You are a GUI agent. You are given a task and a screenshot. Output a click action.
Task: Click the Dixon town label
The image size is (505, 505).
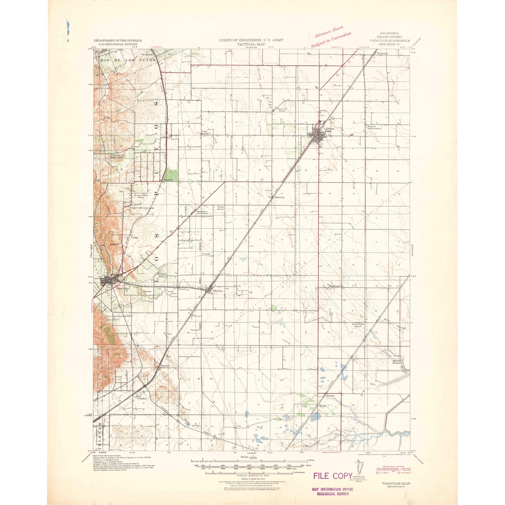(x=330, y=129)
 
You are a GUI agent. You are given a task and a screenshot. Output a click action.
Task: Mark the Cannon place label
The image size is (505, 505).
(x=165, y=366)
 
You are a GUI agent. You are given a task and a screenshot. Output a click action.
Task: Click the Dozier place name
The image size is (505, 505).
(x=330, y=396)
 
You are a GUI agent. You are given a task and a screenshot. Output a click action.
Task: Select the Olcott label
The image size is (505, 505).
(x=322, y=406)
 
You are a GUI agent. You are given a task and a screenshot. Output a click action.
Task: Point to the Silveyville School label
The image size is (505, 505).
(x=282, y=110)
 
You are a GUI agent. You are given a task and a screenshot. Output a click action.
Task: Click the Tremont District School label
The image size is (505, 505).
(x=374, y=128)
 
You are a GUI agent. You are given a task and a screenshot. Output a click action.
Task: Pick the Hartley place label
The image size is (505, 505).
(x=168, y=180)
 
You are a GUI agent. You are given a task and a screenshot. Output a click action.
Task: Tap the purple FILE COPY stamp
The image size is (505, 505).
(x=333, y=476)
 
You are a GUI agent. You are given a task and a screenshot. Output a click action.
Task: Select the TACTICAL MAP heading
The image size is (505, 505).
(x=251, y=44)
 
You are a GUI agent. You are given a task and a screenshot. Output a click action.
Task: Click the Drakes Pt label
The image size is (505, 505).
(x=114, y=244)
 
